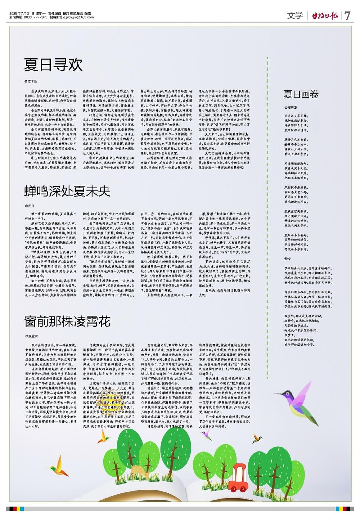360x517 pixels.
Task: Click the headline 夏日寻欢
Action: [53, 65]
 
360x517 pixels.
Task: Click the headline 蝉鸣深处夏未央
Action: [67, 191]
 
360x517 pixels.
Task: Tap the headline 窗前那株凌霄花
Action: [67, 321]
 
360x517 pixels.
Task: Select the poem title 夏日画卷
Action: [301, 95]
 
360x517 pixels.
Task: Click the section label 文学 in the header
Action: [295, 16]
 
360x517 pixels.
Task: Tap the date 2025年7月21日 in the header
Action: [22, 13]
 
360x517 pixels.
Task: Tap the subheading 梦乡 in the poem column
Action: [287, 258]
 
